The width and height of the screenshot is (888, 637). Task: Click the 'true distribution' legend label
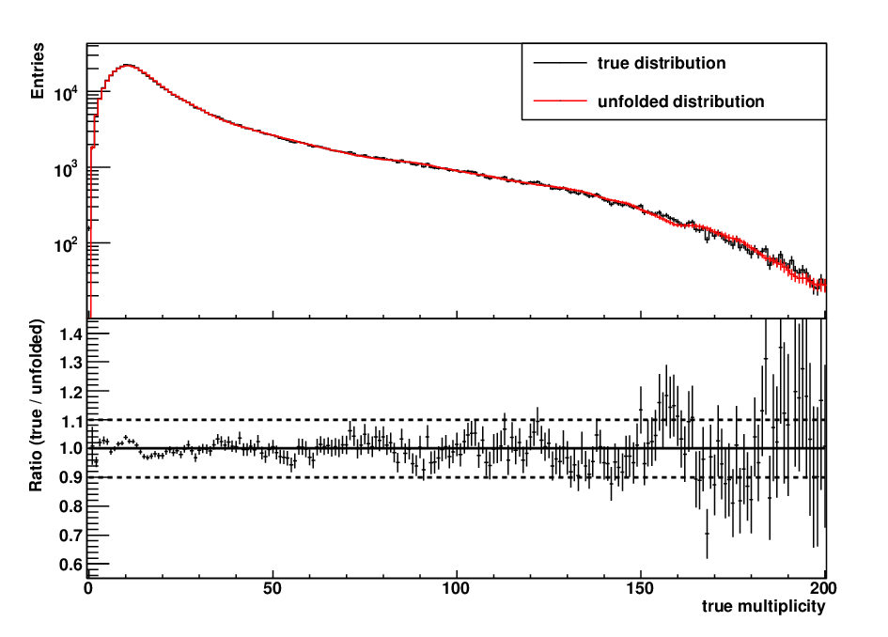point(661,63)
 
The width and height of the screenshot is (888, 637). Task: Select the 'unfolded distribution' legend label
point(680,101)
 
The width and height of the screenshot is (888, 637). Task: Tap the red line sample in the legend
point(559,101)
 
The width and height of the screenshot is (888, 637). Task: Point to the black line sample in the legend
point(559,63)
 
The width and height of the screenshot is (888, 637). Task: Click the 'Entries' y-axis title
point(38,71)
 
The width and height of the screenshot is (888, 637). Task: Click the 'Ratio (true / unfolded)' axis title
point(37,406)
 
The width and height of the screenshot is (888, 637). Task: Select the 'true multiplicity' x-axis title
point(763,606)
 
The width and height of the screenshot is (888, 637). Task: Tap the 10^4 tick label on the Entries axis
point(67,92)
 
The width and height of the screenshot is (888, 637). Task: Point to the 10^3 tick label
point(67,169)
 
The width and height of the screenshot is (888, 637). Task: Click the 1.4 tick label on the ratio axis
point(70,334)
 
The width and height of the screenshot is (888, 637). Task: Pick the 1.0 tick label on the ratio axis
point(70,448)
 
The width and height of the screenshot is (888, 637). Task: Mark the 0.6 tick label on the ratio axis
point(70,565)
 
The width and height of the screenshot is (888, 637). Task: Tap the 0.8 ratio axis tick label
point(70,506)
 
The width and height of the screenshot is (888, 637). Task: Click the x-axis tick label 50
point(273,588)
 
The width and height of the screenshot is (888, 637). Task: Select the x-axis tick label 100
point(457,588)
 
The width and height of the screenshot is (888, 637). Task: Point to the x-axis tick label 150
point(641,588)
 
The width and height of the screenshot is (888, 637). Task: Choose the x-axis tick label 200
point(824,588)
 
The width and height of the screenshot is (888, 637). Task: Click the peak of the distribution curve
point(128,65)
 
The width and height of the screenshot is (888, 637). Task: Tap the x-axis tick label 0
point(88,588)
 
